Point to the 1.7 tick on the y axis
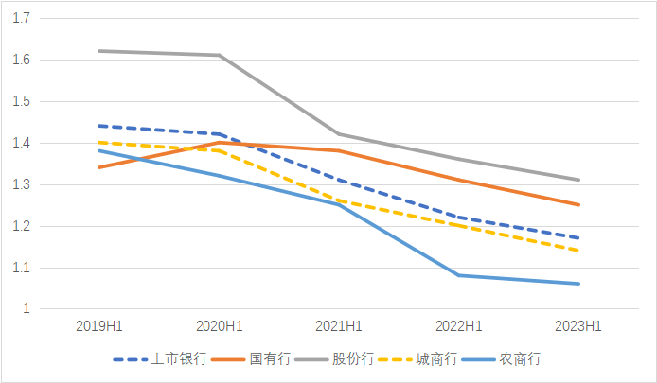[23, 18]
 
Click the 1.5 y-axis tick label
[23, 101]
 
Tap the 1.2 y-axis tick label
[23, 226]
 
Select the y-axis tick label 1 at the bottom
[27, 309]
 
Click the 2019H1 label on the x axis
[99, 326]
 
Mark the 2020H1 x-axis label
[220, 326]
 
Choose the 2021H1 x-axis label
[339, 326]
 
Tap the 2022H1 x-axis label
[459, 326]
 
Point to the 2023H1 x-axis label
[578, 326]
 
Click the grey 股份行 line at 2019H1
[99, 51]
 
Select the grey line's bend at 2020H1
[220, 55]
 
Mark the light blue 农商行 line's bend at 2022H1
[459, 275]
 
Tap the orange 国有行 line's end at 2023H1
[578, 204]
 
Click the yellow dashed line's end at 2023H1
[578, 251]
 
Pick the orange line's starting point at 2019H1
[99, 167]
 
